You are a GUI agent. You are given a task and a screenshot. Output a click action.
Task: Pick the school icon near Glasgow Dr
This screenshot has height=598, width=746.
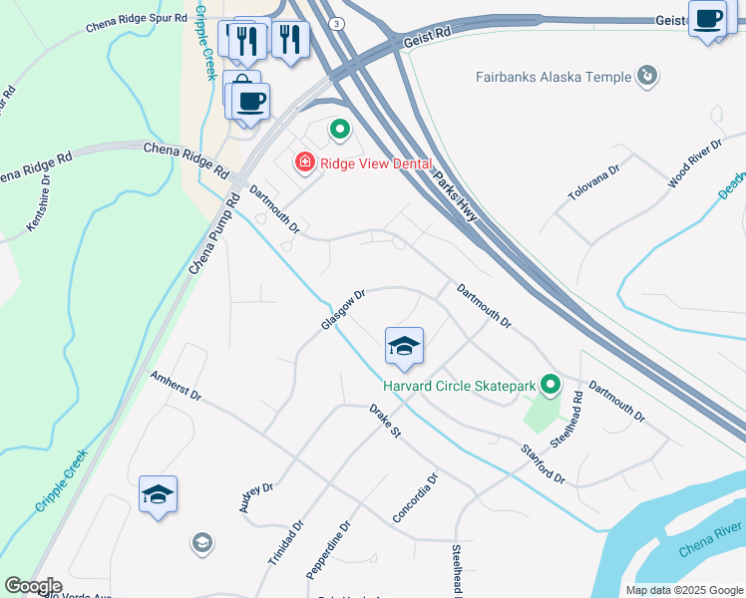(404, 347)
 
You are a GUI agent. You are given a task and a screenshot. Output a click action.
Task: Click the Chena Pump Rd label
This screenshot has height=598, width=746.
(214, 235)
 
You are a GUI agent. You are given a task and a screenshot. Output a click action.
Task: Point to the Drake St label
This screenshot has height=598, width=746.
(384, 422)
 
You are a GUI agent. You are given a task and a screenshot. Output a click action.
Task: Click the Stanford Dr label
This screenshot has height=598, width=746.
(543, 464)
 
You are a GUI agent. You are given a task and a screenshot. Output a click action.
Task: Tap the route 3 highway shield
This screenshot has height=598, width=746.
(339, 23)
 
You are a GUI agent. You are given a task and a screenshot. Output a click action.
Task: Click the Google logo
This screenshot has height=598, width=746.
(32, 586)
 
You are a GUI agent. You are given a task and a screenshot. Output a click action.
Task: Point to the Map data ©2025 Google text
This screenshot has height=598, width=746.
(684, 590)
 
